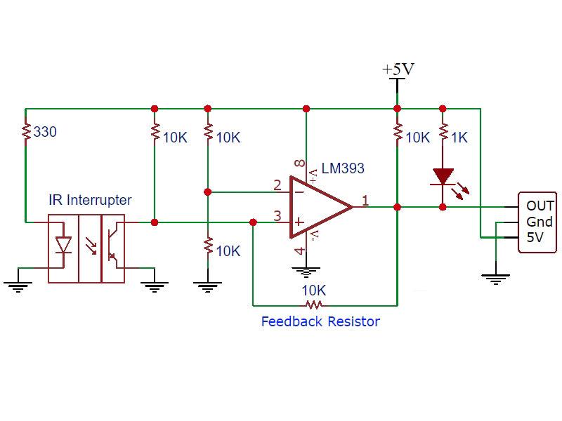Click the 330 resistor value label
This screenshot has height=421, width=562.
click(45, 132)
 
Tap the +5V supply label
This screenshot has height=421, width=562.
click(398, 69)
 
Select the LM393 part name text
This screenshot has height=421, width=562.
click(343, 169)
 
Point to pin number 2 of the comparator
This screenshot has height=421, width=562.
click(277, 185)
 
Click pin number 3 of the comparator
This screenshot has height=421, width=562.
click(277, 216)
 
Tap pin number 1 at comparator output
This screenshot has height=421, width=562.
click(365, 201)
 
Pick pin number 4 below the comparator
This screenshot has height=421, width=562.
click(300, 250)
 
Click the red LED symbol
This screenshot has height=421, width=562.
click(443, 177)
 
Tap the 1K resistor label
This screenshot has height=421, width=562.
click(459, 138)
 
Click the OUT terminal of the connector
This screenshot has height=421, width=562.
click(540, 206)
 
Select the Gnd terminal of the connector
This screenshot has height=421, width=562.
click(540, 222)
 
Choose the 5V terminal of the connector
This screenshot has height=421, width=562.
click(535, 238)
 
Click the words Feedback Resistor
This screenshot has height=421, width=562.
click(320, 322)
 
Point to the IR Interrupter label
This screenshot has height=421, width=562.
click(90, 201)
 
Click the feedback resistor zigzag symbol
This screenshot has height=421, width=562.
click(313, 305)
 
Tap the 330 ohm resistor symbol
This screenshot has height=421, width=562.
click(25, 132)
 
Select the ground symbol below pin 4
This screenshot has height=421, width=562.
click(305, 272)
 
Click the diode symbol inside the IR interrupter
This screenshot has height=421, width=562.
click(63, 245)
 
